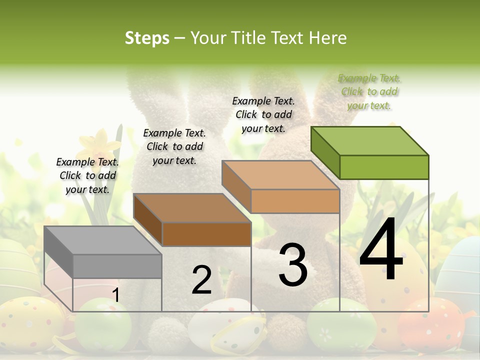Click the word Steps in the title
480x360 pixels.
coord(147,38)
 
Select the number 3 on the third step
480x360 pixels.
coord(292,264)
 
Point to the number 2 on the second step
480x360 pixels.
coord(201,280)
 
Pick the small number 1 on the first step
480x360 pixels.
coord(115,295)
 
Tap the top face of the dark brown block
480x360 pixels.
coord(192,208)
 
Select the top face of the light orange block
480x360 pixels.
coord(280,175)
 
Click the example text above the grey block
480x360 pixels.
coord(87,175)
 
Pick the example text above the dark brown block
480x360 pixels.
coord(174,146)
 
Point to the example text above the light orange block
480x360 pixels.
coord(263,114)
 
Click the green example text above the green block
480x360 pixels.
coord(369,91)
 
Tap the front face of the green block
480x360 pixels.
coord(384,167)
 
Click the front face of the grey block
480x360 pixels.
coord(117,266)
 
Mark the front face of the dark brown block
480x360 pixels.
coord(206,234)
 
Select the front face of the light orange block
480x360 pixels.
coord(295,201)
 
